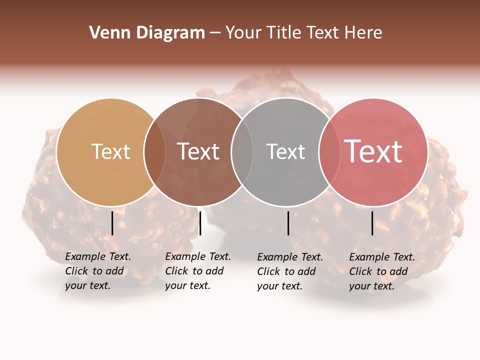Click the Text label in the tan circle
(x=110, y=151)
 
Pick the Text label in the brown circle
(x=198, y=151)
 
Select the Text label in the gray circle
(x=285, y=151)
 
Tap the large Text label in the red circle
(x=373, y=151)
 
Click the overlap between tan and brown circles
(x=154, y=152)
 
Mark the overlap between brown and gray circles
(x=242, y=152)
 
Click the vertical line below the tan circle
(x=112, y=223)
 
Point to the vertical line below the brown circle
(x=200, y=223)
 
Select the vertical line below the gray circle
(x=288, y=223)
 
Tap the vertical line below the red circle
(x=372, y=223)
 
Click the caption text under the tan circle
(x=97, y=271)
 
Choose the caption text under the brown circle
(x=197, y=271)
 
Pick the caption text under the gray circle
(x=289, y=271)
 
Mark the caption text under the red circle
(x=381, y=271)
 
